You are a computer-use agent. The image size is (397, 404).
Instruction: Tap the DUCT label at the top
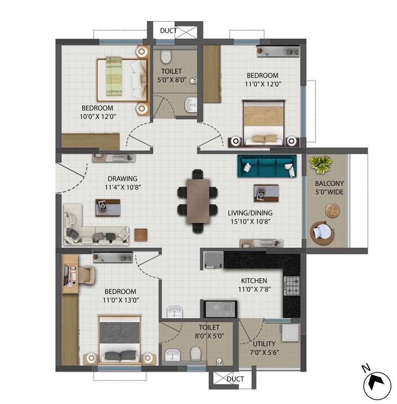pos(168,31)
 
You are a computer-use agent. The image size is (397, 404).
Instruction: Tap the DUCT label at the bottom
pos(235,378)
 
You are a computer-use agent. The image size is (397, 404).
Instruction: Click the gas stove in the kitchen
pos(291,286)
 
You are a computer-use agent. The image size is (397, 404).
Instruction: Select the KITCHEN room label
pos(254,281)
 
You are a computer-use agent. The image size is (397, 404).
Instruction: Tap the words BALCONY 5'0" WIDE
pos(329,187)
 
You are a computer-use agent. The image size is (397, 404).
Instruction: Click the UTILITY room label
pos(264,344)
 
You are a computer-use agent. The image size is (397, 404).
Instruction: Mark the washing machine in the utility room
pos(291,332)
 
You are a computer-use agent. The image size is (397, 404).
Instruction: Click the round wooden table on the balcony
pos(333,210)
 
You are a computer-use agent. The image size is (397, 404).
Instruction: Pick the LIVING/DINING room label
pos(250,217)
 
